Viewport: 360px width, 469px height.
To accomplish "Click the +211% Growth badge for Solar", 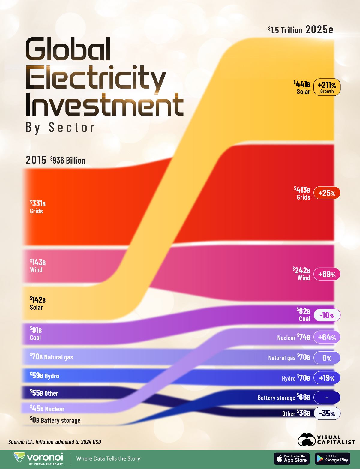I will [x=327, y=87].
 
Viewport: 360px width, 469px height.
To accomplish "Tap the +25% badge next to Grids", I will [x=327, y=193].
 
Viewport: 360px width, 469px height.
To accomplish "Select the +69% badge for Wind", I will [x=327, y=274].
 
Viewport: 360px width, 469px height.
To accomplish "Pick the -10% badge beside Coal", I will [x=327, y=315].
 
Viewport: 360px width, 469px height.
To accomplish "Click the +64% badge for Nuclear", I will [x=327, y=337].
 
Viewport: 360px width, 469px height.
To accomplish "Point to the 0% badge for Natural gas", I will [x=327, y=358].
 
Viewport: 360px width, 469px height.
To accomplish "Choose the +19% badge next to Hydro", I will [x=327, y=378].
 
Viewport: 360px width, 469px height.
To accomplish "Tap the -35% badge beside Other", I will [x=327, y=413].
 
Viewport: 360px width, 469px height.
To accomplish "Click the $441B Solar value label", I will [x=302, y=87].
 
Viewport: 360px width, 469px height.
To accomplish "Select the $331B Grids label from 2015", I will [x=38, y=207].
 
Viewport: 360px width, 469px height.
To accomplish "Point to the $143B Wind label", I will [x=38, y=266].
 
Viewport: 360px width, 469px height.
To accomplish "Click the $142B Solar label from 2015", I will [x=38, y=303].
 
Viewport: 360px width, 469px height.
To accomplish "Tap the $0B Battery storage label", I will [x=55, y=420].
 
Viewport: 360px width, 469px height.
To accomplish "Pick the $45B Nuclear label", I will [x=47, y=408].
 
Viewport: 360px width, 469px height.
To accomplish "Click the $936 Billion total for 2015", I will [x=68, y=161].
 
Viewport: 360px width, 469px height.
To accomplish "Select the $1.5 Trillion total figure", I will [x=285, y=30].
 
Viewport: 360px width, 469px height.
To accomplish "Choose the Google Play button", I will [x=333, y=459].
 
